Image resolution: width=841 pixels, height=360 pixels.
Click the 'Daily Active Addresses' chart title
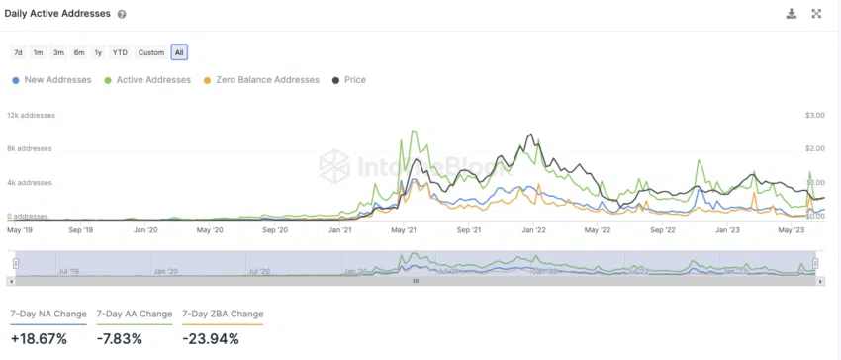tap(58, 14)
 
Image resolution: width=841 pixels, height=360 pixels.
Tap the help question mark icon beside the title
tap(122, 15)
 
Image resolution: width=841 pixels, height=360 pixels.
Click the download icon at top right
tap(791, 14)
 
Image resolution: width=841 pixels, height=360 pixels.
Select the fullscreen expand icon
tap(817, 14)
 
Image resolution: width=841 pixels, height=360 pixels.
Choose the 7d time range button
tap(18, 52)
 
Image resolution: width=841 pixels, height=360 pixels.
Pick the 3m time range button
tap(58, 52)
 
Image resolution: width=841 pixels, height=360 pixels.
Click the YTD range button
tap(120, 52)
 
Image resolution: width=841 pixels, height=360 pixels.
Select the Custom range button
tap(151, 52)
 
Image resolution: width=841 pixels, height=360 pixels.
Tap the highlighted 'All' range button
tap(179, 52)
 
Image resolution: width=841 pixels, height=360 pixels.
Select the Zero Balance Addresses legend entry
tap(260, 80)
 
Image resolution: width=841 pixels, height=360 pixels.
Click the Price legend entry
tap(349, 80)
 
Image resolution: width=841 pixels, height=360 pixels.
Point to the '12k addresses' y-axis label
tap(31, 115)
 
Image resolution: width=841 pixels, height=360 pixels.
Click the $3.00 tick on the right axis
tap(814, 115)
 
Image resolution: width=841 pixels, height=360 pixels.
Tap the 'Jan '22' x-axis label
tap(533, 229)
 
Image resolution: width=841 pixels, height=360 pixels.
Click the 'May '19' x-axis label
tap(21, 229)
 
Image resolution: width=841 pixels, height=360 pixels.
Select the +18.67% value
tap(39, 339)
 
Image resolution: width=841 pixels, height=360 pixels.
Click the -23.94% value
tap(211, 339)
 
